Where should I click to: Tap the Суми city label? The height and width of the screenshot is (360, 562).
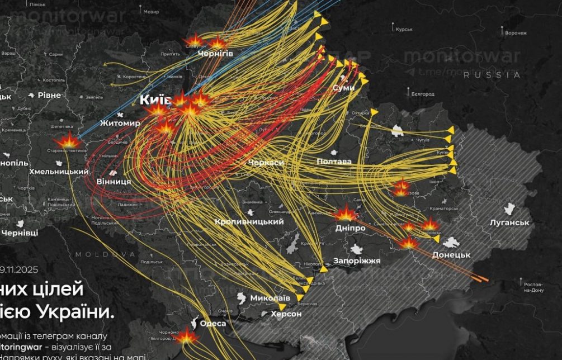pyautogui.click(x=343, y=88)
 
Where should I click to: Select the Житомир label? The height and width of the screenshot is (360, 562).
pyautogui.click(x=120, y=123)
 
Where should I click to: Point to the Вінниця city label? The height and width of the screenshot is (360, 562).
pyautogui.click(x=114, y=182)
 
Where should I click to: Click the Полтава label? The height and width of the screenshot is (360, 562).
pyautogui.click(x=334, y=162)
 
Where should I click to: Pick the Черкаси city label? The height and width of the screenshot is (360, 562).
pyautogui.click(x=267, y=162)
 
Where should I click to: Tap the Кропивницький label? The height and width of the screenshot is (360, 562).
pyautogui.click(x=249, y=222)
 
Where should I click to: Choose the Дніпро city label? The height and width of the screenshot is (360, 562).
pyautogui.click(x=350, y=228)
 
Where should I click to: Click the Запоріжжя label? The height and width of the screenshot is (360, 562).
pyautogui.click(x=357, y=261)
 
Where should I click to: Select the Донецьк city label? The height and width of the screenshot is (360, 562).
pyautogui.click(x=451, y=254)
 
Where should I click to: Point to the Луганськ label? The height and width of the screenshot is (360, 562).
pyautogui.click(x=509, y=222)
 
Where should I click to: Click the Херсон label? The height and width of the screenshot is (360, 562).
pyautogui.click(x=286, y=314)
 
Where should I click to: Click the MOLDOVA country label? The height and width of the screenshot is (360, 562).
pyautogui.click(x=106, y=254)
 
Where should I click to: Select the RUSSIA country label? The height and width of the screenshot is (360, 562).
pyautogui.click(x=492, y=75)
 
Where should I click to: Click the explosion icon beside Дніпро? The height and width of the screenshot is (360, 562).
pyautogui.click(x=346, y=214)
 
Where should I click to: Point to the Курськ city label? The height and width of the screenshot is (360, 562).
pyautogui.click(x=404, y=29)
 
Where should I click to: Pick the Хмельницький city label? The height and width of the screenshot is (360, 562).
pyautogui.click(x=59, y=172)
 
